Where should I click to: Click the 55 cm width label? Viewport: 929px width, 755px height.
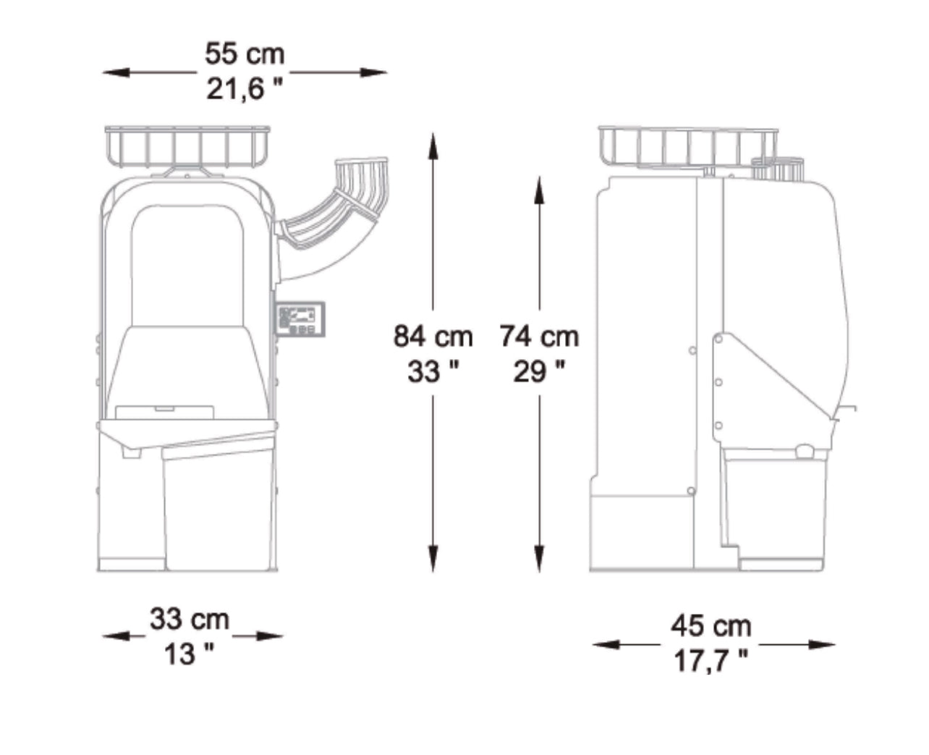pyautogui.click(x=245, y=54)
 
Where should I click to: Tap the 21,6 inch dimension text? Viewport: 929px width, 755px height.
pyautogui.click(x=245, y=89)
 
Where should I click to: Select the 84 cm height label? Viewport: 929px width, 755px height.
pyautogui.click(x=433, y=337)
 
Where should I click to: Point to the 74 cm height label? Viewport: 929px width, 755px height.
pyautogui.click(x=540, y=337)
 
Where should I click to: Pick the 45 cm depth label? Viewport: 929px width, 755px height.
pyautogui.click(x=711, y=626)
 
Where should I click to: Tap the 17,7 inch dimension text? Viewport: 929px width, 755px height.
pyautogui.click(x=711, y=661)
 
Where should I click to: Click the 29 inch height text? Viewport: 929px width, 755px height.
pyautogui.click(x=539, y=371)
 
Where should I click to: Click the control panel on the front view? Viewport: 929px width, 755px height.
pyautogui.click(x=300, y=319)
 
